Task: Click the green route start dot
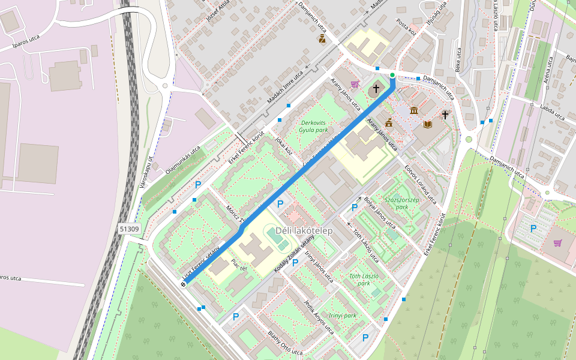pos(392,75)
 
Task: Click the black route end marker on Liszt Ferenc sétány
pos(183,284)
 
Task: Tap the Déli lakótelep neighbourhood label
pos(304,230)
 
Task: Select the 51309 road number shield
pos(129,229)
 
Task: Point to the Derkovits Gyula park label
pos(314,126)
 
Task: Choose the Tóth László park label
pos(364,280)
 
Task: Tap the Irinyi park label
pos(343,315)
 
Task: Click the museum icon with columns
pos(414,110)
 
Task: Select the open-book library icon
pos(427,124)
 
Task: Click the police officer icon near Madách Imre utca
pos(322,40)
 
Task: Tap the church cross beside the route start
pos(376,89)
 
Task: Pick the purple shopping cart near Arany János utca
pos(355,84)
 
